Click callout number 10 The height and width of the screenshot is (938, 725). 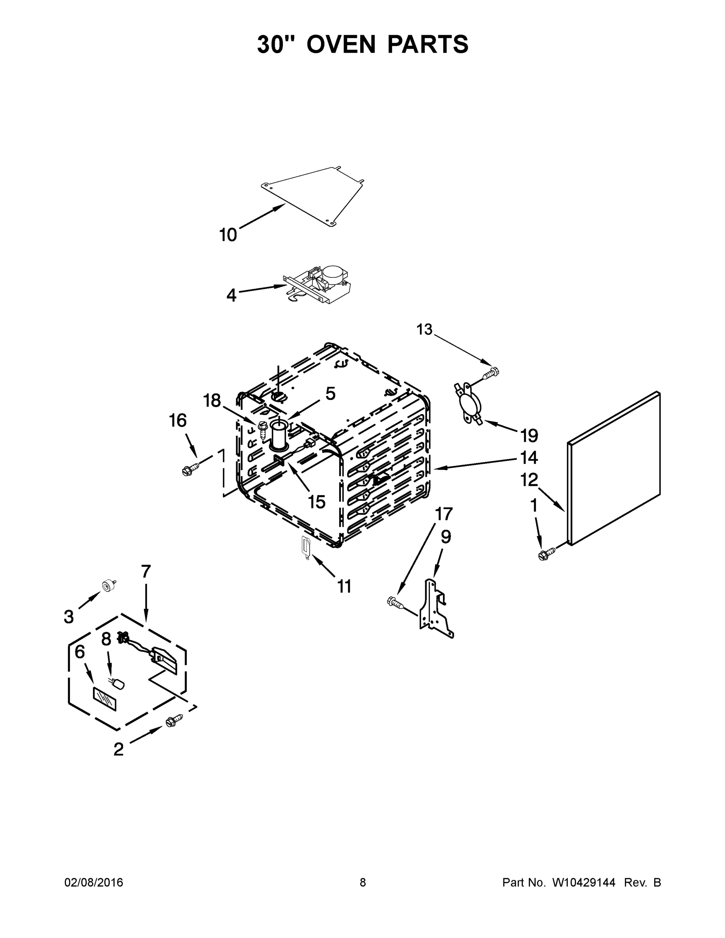point(228,235)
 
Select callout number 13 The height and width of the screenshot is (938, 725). point(424,329)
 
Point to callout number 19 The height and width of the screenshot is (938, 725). point(529,436)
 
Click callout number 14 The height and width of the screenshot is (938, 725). point(529,457)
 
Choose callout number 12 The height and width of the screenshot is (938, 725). point(529,480)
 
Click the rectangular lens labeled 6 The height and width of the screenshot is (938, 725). point(104,698)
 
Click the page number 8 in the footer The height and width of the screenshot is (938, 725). point(363,883)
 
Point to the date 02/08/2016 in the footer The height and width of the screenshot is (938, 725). point(94,883)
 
